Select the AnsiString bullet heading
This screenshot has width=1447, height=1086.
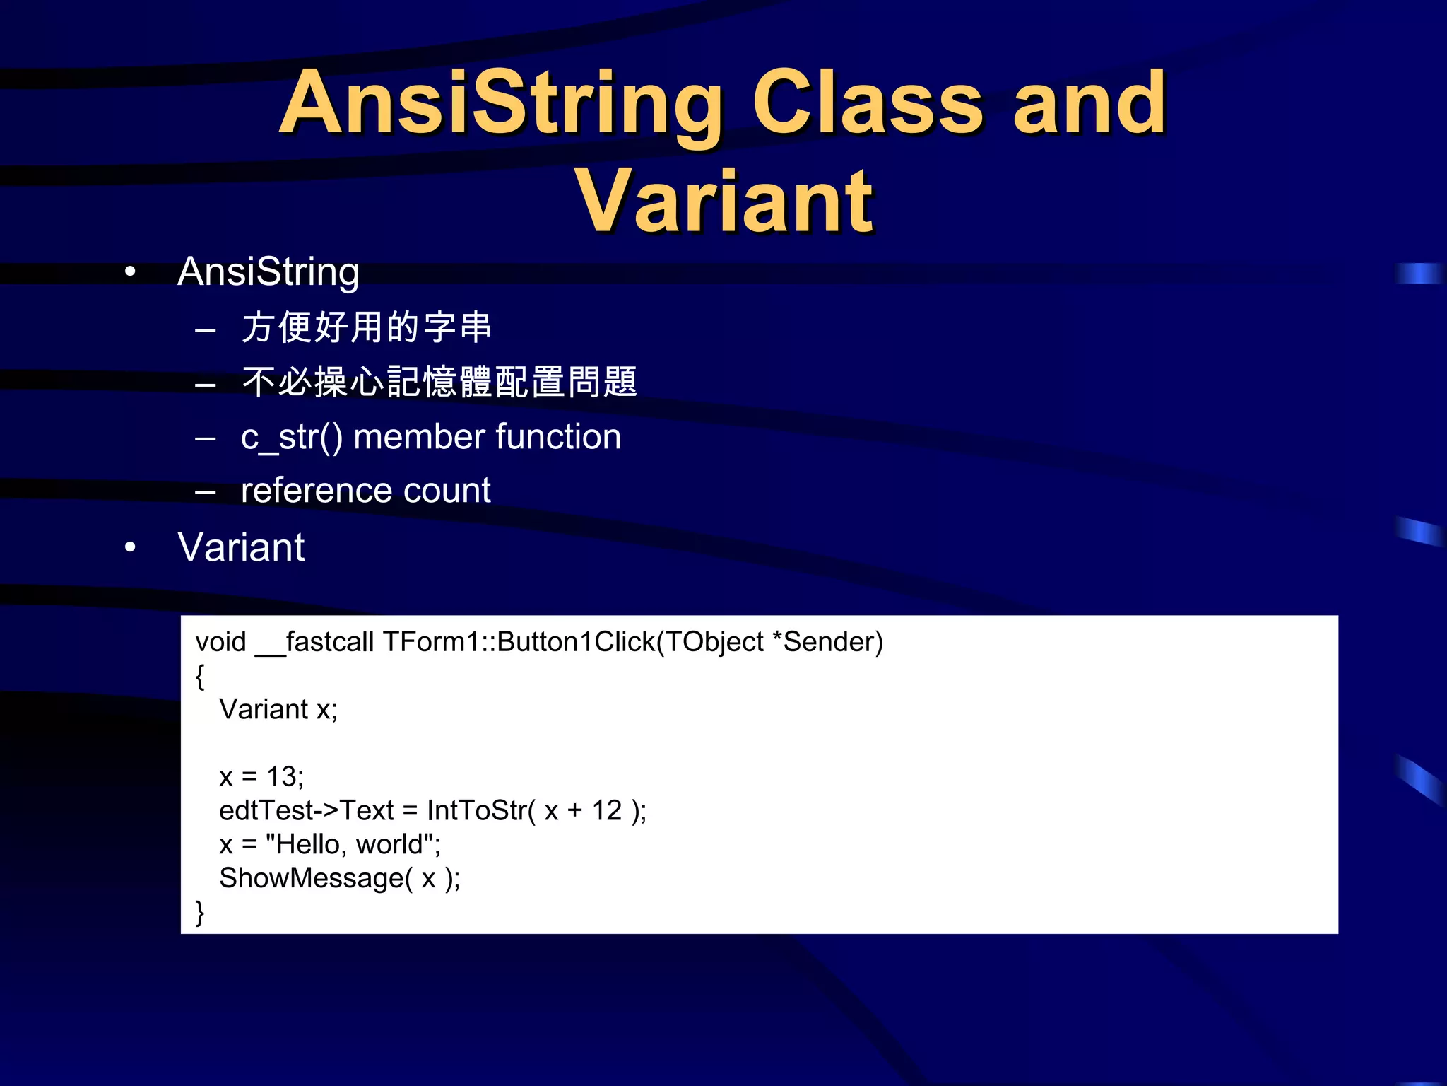268,272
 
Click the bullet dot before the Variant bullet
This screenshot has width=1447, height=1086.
130,548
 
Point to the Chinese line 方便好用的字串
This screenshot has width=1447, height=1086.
366,327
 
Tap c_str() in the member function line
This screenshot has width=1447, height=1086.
291,437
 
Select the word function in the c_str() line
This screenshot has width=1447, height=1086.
558,437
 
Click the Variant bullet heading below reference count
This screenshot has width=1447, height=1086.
241,547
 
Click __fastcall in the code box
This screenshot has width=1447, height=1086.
314,643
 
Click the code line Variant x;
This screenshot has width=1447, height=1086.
278,709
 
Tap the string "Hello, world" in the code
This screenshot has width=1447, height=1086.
350,845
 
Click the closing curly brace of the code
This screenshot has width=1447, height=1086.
200,912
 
